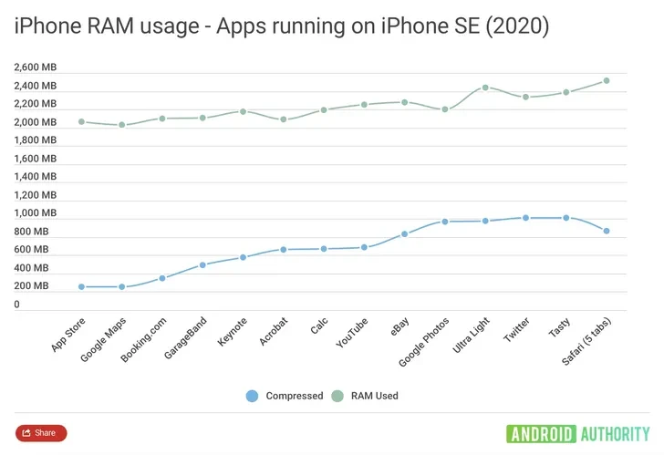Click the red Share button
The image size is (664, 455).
click(x=41, y=432)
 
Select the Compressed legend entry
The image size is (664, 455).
click(x=285, y=396)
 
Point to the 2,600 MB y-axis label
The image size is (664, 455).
click(x=36, y=67)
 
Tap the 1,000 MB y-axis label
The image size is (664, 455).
click(x=36, y=213)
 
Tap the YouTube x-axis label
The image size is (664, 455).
click(x=352, y=333)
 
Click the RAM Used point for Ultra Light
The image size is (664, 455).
click(x=485, y=88)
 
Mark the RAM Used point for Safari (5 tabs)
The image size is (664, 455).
click(x=607, y=81)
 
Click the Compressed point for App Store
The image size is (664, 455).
click(x=81, y=287)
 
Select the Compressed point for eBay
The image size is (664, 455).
click(x=404, y=233)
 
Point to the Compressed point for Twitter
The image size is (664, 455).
click(x=526, y=218)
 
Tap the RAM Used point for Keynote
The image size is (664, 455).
click(x=243, y=111)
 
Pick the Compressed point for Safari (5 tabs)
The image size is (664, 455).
click(x=607, y=232)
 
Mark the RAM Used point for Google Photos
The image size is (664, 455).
click(x=445, y=109)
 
